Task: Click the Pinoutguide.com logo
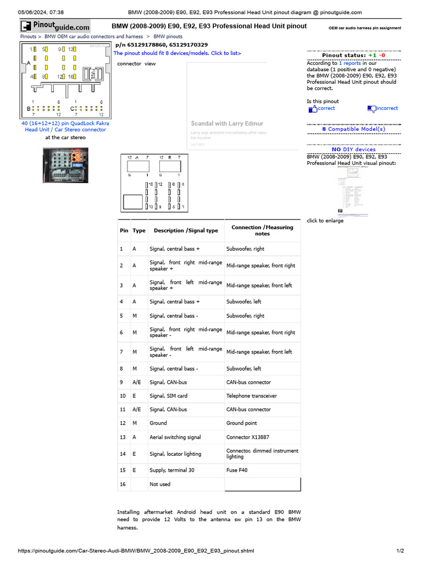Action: (55, 26)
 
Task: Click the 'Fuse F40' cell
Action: (237, 471)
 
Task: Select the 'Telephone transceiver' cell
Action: (252, 396)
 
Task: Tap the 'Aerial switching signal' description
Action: (175, 438)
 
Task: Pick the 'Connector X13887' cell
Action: (248, 438)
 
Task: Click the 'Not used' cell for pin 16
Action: (160, 484)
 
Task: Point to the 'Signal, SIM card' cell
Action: (168, 396)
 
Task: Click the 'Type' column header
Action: (139, 231)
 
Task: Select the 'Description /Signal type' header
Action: (186, 231)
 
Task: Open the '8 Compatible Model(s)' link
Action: (354, 129)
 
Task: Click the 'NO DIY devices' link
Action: (354, 150)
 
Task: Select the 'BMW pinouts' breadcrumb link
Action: (168, 37)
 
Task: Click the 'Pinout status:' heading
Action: (343, 56)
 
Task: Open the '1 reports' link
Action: (349, 64)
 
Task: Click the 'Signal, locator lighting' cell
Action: (175, 454)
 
